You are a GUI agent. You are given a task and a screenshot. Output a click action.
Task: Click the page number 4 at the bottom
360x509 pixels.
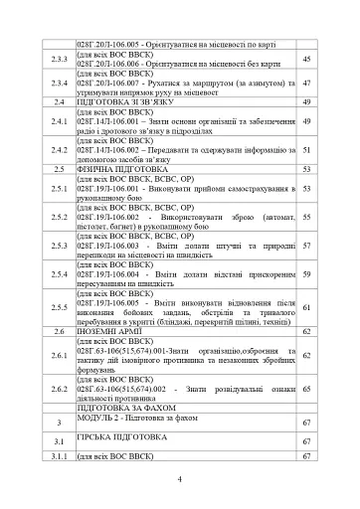(179, 481)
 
